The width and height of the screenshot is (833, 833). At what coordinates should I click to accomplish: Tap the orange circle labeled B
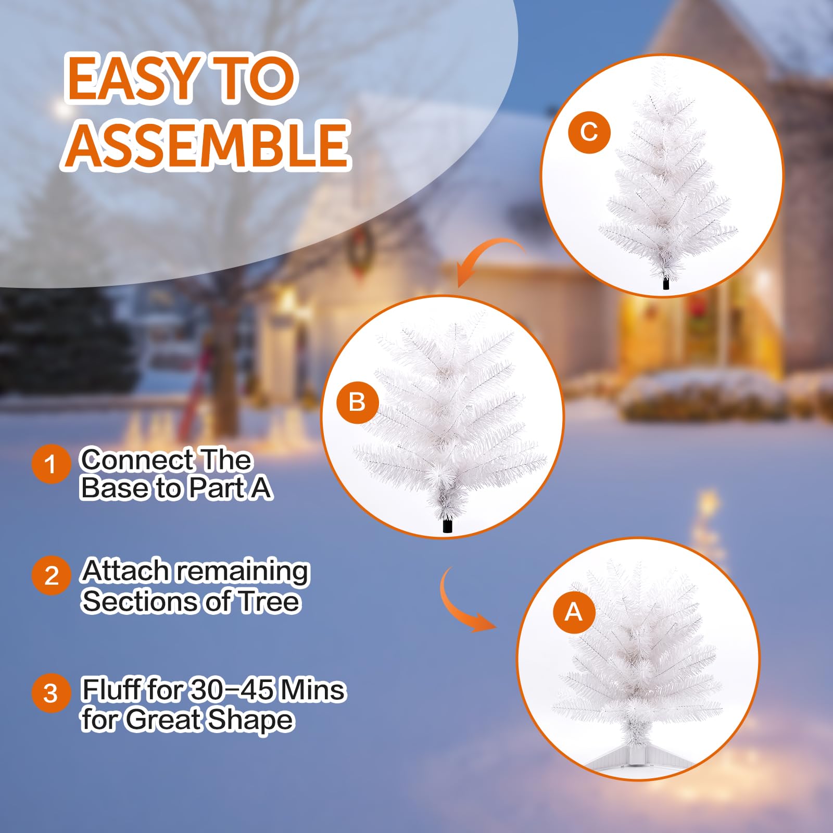click(357, 402)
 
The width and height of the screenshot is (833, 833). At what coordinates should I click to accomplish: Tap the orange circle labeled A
click(573, 612)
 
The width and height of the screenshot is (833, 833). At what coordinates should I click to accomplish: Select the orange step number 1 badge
click(51, 464)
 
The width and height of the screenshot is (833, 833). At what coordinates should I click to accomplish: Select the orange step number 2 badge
click(51, 576)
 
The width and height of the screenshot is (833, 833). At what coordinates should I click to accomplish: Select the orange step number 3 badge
click(51, 693)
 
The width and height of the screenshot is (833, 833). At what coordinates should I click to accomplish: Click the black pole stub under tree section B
click(447, 526)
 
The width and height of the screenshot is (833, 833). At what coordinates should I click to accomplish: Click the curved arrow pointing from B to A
click(461, 604)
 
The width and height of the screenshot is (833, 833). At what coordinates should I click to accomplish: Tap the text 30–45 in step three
click(232, 690)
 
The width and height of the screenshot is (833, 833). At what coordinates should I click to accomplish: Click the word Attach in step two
click(125, 571)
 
